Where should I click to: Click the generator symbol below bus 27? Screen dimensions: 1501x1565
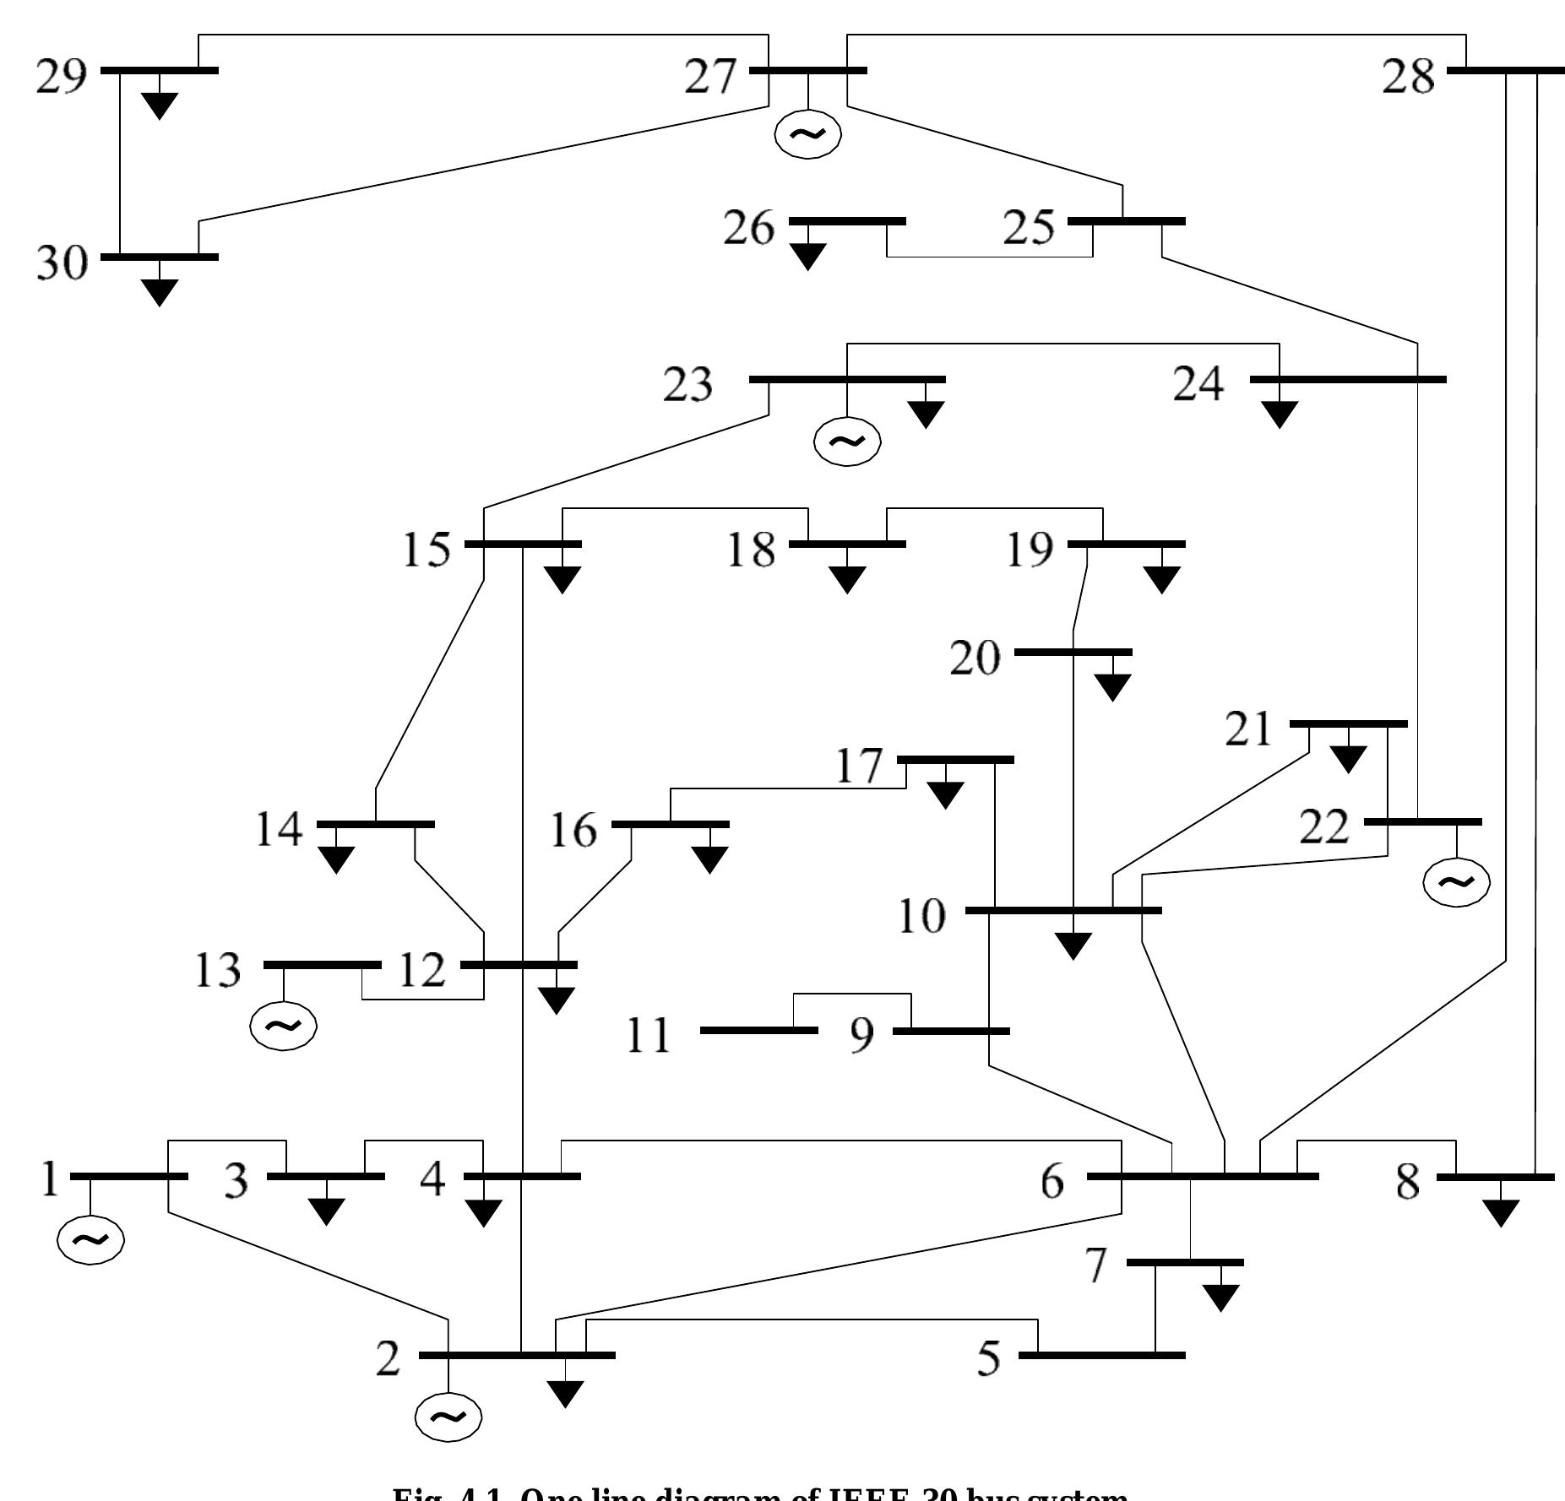pos(808,134)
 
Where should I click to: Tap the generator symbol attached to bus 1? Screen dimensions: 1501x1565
pos(90,1240)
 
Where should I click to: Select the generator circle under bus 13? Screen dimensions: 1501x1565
pos(284,1027)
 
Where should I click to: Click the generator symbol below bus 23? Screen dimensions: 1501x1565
pos(846,442)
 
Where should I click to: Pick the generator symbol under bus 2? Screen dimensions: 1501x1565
pos(448,1417)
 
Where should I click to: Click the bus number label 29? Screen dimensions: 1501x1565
pos(61,78)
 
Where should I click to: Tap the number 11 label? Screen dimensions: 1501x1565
pos(649,1036)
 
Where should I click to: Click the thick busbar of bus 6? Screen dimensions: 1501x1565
pos(1203,1176)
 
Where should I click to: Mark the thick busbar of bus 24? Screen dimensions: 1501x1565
pos(1348,379)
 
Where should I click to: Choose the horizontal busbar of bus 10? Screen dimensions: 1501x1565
pos(1063,910)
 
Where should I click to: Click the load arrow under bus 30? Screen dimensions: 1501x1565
pos(160,291)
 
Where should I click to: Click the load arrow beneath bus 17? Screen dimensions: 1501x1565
pos(945,794)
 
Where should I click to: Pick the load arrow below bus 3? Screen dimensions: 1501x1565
pos(326,1211)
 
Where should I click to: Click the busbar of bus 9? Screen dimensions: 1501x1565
pos(951,1031)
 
